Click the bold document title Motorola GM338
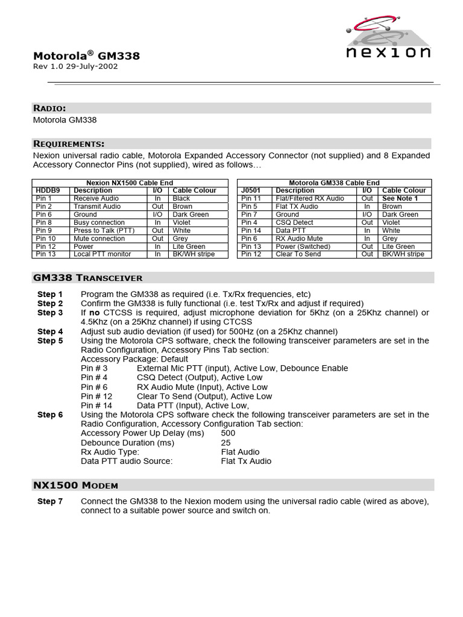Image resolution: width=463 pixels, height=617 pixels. (x=86, y=56)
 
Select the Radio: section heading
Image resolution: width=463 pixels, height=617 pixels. (x=49, y=108)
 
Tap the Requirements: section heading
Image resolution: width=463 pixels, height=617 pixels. (x=69, y=143)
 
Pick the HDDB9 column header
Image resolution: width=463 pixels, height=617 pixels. (x=48, y=190)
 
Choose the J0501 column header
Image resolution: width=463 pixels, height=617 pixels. (x=251, y=190)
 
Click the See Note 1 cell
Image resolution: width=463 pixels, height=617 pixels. (x=400, y=198)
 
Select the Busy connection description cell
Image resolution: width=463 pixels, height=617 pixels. (x=99, y=222)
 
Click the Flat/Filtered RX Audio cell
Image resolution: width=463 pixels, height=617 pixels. (x=310, y=198)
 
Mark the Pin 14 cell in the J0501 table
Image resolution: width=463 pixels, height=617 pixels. (x=251, y=230)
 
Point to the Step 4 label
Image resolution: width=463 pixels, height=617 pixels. (x=50, y=331)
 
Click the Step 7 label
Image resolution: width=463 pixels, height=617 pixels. (x=50, y=501)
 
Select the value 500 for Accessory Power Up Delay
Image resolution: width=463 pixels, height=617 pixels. (x=228, y=433)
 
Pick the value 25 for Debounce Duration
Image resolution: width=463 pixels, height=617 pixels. (x=225, y=442)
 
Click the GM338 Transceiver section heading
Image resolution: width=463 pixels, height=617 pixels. (x=87, y=278)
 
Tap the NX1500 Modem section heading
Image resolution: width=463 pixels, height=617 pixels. (x=75, y=485)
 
